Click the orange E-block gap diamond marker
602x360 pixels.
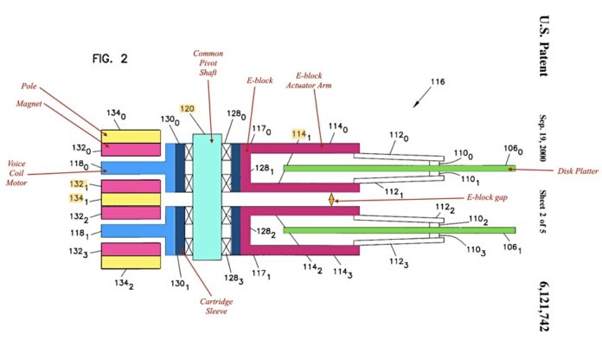coord(331,200)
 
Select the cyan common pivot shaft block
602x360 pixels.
coord(208,196)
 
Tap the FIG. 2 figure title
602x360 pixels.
coord(110,58)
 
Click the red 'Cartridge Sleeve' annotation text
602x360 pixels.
coord(216,306)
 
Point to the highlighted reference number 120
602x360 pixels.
coord(187,109)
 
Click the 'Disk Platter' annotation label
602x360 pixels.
coord(578,171)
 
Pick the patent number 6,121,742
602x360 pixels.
coord(544,306)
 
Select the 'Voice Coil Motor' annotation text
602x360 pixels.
coord(16,173)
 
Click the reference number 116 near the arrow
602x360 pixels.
coord(438,81)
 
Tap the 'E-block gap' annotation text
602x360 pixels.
coord(487,197)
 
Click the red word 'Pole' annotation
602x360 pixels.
coord(29,86)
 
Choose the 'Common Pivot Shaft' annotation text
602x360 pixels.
coord(208,63)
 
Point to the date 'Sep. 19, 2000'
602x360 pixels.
coord(543,138)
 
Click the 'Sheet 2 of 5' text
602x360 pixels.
coord(543,212)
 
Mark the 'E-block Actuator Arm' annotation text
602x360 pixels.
coord(309,80)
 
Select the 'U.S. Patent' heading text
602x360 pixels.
coord(544,46)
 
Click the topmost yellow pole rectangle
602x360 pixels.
coord(131,137)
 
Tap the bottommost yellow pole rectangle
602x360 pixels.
coord(131,262)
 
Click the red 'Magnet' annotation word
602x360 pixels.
coord(29,104)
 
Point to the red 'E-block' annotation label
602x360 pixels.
coord(259,80)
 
